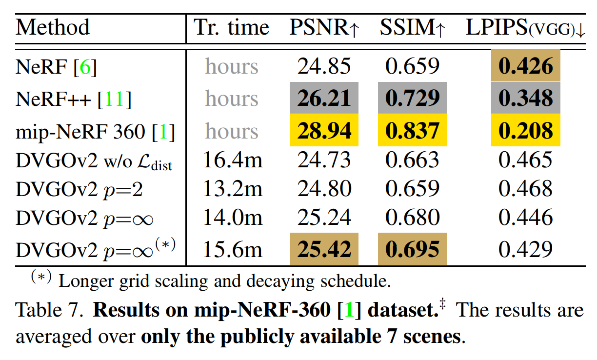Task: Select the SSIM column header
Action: click(x=413, y=28)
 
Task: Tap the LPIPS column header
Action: click(x=525, y=28)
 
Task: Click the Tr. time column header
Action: click(x=232, y=28)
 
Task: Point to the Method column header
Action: click(x=53, y=27)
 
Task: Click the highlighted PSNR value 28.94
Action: click(x=324, y=131)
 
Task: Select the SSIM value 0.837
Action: click(x=412, y=131)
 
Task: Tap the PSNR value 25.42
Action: click(x=324, y=249)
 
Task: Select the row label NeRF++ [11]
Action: click(x=74, y=100)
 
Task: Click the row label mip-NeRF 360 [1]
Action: click(x=95, y=132)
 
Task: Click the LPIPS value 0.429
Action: click(x=525, y=249)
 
